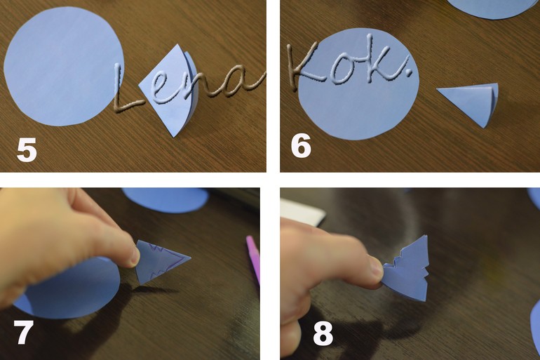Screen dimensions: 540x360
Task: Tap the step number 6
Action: (301, 145)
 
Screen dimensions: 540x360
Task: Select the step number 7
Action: (23, 332)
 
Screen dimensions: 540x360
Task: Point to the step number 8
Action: (323, 333)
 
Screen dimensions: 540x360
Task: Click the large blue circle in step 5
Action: (64, 66)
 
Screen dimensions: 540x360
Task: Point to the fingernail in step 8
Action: (377, 268)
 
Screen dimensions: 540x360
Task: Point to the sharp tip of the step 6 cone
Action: (437, 89)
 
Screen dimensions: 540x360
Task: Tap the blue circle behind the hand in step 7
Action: (166, 200)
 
